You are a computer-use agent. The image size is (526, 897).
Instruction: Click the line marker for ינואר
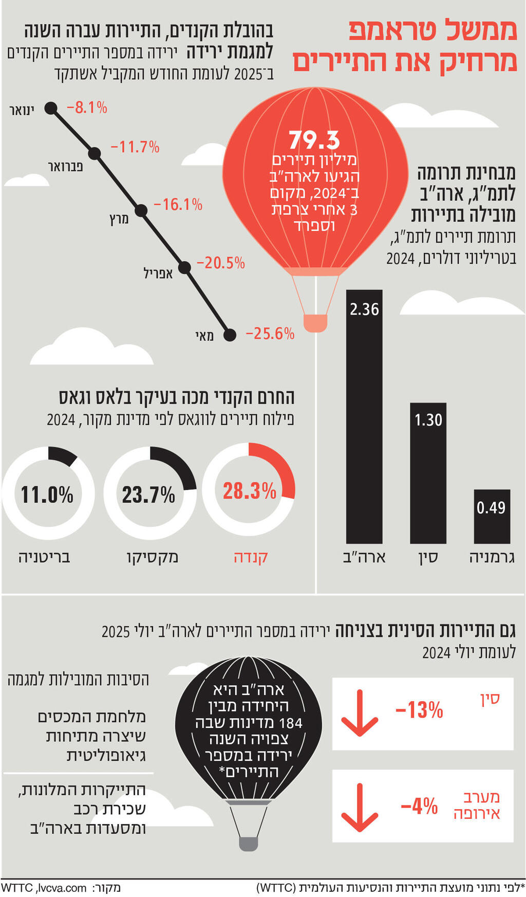click(x=50, y=108)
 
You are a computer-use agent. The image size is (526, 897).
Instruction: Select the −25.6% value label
click(x=270, y=334)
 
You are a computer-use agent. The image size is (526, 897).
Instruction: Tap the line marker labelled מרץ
click(x=141, y=211)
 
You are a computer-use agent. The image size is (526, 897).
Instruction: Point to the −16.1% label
click(x=178, y=205)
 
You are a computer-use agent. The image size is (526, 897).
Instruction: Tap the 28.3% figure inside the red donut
click(x=249, y=491)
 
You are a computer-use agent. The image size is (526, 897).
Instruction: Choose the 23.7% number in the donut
click(x=149, y=495)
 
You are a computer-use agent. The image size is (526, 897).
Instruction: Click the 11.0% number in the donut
click(x=47, y=495)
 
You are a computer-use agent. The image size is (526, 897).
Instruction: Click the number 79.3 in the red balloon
click(x=314, y=140)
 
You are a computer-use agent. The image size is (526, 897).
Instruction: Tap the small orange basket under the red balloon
click(x=315, y=323)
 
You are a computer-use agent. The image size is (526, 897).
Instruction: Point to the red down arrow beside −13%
click(x=359, y=713)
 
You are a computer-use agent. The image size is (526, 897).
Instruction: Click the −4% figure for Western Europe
click(x=419, y=806)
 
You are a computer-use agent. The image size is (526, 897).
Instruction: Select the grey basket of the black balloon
click(x=248, y=843)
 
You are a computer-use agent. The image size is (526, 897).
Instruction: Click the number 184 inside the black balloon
click(x=291, y=723)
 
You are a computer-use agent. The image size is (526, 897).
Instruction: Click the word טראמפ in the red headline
click(x=396, y=32)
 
